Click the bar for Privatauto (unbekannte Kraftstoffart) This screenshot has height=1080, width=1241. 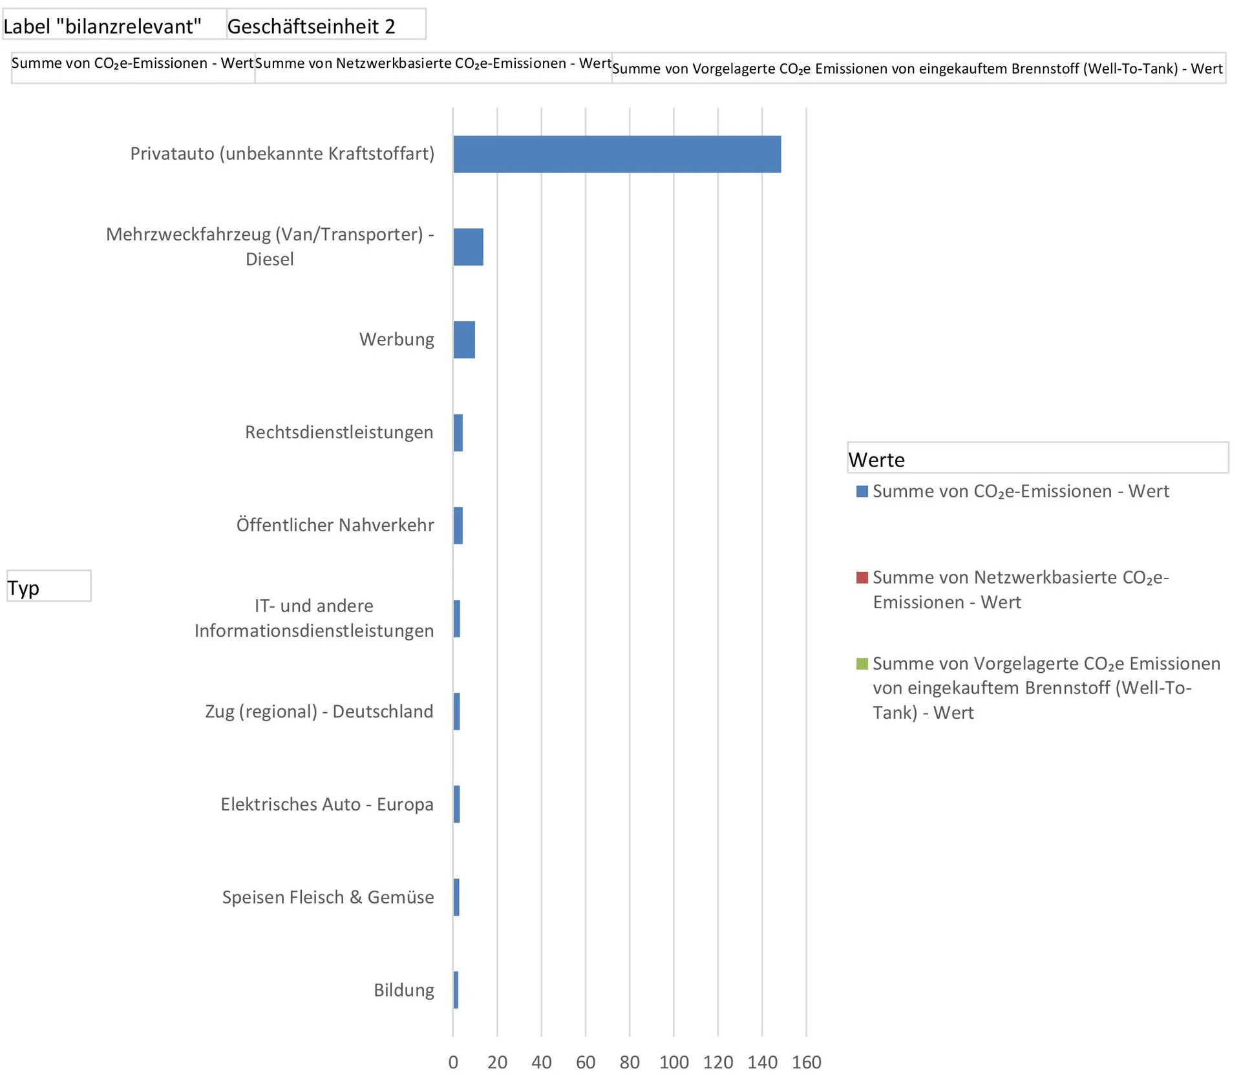[617, 154]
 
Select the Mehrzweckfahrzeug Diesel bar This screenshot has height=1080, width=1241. [468, 247]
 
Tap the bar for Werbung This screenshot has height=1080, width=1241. [464, 340]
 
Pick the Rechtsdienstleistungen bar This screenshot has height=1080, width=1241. [458, 433]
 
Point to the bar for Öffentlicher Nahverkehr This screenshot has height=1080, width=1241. [458, 525]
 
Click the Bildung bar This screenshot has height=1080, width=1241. [456, 990]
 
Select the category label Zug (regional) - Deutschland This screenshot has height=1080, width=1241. [319, 712]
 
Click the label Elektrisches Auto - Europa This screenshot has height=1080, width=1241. [327, 805]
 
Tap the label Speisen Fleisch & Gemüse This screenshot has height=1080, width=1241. [328, 898]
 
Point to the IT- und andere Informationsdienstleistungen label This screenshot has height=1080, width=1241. [314, 619]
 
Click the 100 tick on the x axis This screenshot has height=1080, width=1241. [674, 1063]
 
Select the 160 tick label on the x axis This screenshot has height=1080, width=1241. [807, 1063]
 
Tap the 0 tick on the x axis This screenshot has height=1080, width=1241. [453, 1063]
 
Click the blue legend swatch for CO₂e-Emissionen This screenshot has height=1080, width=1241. [862, 492]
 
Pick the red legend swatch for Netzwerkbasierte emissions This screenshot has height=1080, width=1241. [862, 578]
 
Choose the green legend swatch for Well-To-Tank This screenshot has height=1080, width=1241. [862, 664]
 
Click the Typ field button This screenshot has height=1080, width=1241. [48, 586]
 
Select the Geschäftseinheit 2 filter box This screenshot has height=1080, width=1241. [326, 25]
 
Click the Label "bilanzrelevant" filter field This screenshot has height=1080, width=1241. [114, 25]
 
